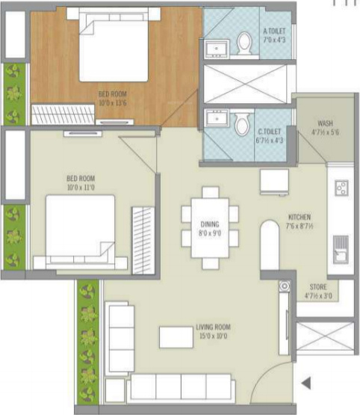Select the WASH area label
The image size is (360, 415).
tap(325, 123)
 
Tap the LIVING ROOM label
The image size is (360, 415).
tap(211, 327)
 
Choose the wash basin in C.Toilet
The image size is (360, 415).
tap(217, 120)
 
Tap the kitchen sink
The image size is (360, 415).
tap(341, 245)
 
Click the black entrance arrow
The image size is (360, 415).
tap(305, 384)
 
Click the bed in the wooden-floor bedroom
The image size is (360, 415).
tap(114, 46)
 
